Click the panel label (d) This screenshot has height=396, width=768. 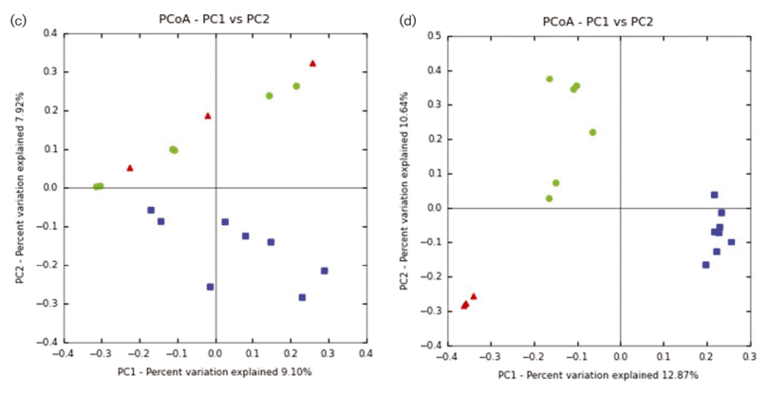pyautogui.click(x=409, y=20)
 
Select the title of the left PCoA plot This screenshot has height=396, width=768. pyautogui.click(x=215, y=20)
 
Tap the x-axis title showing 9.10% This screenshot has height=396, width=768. pyautogui.click(x=215, y=371)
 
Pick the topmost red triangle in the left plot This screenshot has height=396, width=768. pyautogui.click(x=312, y=64)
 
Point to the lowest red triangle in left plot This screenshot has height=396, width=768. pyautogui.click(x=130, y=168)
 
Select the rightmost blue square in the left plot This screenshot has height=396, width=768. pyautogui.click(x=324, y=271)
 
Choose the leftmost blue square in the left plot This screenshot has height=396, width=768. pyautogui.click(x=151, y=210)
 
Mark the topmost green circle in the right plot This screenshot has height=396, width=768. pyautogui.click(x=549, y=79)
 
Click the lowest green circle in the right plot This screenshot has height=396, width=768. pyautogui.click(x=549, y=198)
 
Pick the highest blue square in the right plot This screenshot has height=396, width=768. pyautogui.click(x=714, y=195)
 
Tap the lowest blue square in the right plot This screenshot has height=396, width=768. pyautogui.click(x=705, y=265)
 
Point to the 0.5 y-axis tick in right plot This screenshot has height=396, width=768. pyautogui.click(x=434, y=36)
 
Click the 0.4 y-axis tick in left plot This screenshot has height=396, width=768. pyautogui.click(x=47, y=33)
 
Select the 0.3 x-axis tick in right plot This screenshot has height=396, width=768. pyautogui.click(x=749, y=357)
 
